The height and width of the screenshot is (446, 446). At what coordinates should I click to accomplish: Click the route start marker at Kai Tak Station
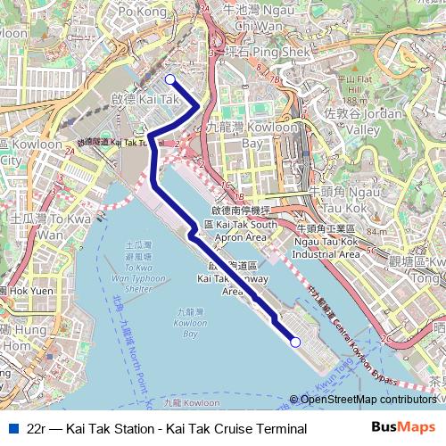tap(170, 79)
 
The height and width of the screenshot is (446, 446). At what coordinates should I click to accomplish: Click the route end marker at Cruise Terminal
tap(295, 342)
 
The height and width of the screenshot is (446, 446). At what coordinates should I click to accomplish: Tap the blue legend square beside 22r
tap(11, 429)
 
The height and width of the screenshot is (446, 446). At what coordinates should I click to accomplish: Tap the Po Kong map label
tap(142, 12)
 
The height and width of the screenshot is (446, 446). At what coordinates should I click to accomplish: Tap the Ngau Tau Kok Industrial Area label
tap(326, 247)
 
